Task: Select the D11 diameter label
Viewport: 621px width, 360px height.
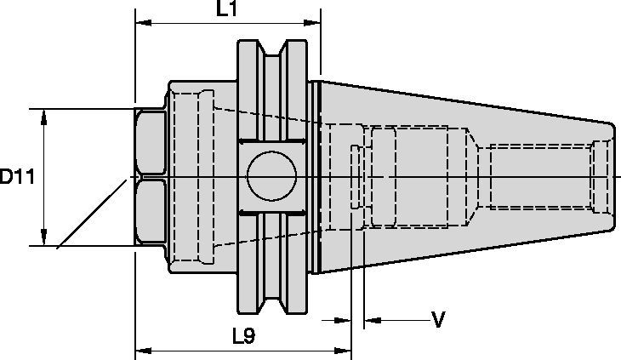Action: [x=17, y=178]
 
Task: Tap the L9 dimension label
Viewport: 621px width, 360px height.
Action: [x=243, y=336]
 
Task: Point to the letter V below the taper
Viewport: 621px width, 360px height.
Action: [x=439, y=320]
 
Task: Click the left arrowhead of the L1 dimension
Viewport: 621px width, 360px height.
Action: [x=142, y=22]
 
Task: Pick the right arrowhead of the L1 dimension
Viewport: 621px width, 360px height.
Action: [x=314, y=22]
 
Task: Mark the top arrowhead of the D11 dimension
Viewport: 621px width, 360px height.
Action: [x=43, y=116]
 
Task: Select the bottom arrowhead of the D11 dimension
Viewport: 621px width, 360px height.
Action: [x=43, y=239]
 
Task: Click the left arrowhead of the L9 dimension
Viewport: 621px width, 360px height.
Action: [x=142, y=350]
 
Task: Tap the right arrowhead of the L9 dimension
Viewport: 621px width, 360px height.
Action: [x=345, y=350]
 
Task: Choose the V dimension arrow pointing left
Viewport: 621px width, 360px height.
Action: [x=372, y=322]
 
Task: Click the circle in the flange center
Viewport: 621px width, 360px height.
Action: [x=271, y=177]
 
